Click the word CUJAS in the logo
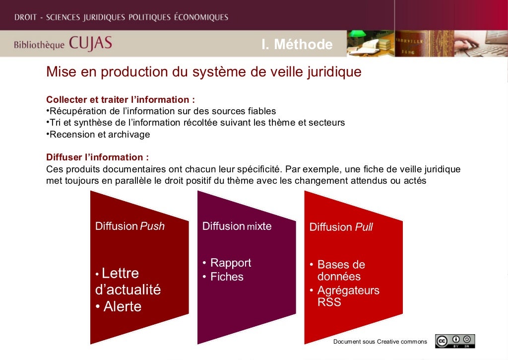point(90,44)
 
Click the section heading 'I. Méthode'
point(297,45)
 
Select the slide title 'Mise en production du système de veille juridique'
point(203,72)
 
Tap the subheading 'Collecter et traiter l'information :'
point(117,99)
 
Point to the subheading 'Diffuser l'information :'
point(97,157)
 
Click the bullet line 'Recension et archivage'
point(99,135)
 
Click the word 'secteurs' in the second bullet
point(328,123)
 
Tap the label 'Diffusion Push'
point(129,226)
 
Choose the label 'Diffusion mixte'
point(237,226)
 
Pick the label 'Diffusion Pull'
point(341,227)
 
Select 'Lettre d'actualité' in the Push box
point(127,282)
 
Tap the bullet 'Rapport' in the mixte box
point(230,263)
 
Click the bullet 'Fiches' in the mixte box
point(226,277)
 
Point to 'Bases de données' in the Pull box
point(340,270)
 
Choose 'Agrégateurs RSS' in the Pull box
point(347,296)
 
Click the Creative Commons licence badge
point(455,341)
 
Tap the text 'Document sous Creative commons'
point(380,342)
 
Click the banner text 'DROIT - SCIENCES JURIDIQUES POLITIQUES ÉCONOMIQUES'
point(121,17)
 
